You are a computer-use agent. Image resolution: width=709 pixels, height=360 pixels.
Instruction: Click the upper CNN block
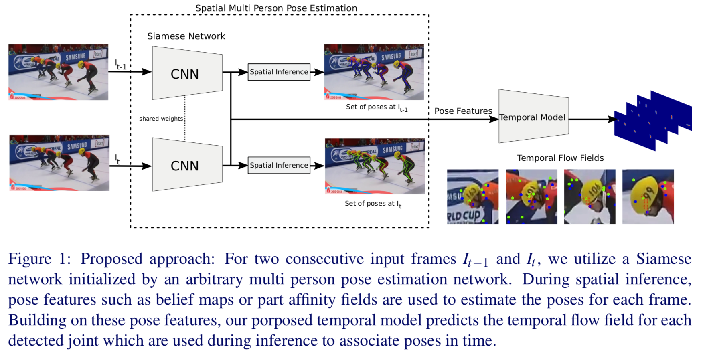(x=187, y=73)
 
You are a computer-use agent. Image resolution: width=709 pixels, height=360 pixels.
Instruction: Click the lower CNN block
(x=187, y=165)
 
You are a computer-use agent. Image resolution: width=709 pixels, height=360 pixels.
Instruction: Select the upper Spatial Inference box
(x=279, y=72)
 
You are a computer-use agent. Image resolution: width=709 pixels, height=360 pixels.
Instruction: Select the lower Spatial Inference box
(x=279, y=165)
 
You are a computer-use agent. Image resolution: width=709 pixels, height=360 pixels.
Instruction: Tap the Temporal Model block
(x=533, y=117)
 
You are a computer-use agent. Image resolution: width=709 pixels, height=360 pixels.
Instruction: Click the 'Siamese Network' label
(x=186, y=36)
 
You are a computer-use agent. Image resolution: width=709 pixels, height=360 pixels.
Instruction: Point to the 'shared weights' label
(x=161, y=119)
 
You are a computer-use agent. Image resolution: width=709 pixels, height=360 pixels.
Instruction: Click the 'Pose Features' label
(x=463, y=111)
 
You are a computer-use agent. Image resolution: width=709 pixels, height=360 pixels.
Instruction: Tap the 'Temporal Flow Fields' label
(x=560, y=158)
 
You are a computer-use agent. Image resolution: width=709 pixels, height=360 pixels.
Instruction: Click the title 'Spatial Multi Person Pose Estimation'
(x=276, y=8)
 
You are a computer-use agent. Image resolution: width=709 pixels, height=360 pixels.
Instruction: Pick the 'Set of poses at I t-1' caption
(x=377, y=107)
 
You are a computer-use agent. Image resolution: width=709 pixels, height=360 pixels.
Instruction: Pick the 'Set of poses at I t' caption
(x=373, y=204)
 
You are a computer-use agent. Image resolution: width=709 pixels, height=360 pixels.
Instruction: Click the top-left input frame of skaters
(x=58, y=72)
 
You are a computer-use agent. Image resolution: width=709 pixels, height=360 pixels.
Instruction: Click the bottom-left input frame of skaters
(x=59, y=162)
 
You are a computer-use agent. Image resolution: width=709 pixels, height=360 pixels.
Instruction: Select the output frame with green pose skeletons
(x=375, y=166)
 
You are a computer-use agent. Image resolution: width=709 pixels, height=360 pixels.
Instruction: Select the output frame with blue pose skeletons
(x=374, y=72)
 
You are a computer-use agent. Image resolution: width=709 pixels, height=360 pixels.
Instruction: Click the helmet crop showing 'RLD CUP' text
(x=473, y=196)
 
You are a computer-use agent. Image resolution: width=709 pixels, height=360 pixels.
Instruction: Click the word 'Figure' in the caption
(x=30, y=259)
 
